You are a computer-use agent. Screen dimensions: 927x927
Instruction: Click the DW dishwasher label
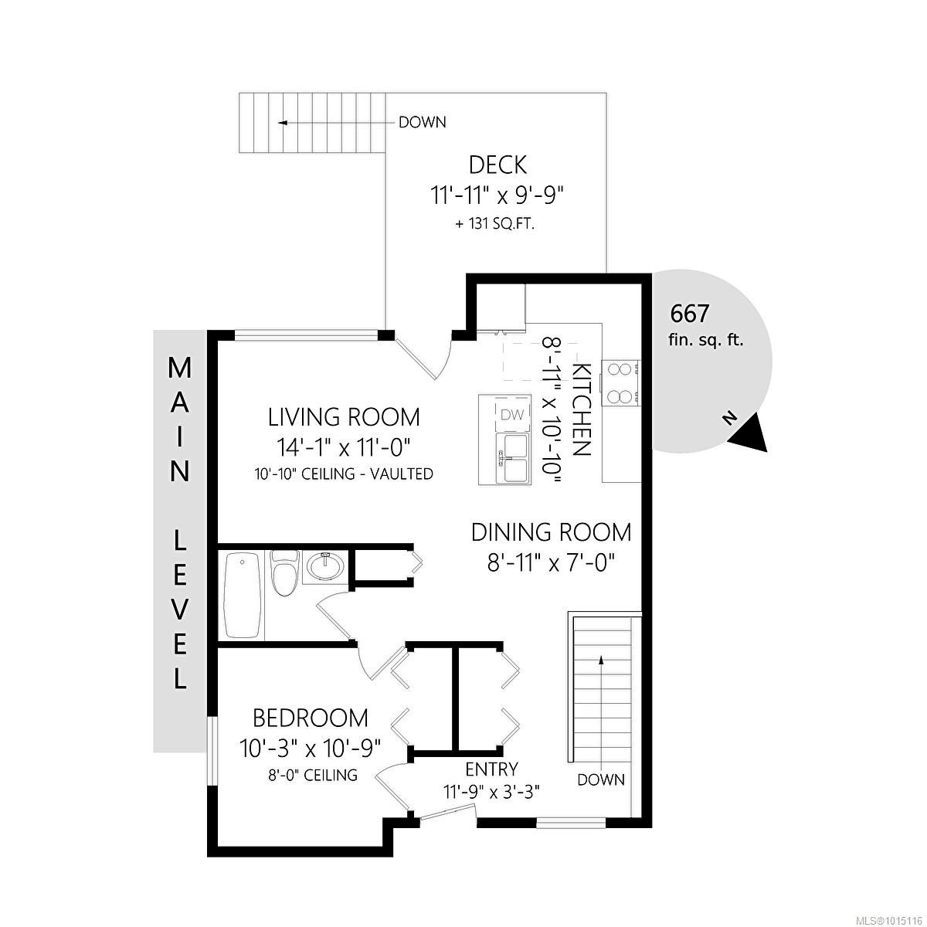click(511, 415)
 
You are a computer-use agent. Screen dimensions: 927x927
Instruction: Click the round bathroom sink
click(325, 566)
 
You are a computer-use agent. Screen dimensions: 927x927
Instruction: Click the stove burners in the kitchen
click(620, 383)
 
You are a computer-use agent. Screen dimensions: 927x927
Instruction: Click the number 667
click(690, 314)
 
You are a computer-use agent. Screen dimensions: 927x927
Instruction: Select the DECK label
click(497, 165)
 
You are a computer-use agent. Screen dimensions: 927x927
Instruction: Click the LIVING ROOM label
click(344, 417)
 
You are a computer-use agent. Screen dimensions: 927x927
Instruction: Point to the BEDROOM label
click(311, 718)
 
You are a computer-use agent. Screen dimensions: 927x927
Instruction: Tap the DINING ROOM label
click(552, 532)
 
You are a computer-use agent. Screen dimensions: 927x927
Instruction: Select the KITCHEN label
click(581, 409)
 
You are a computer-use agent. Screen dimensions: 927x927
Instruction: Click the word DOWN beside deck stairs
click(423, 122)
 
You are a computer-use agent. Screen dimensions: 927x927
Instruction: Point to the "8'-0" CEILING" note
click(312, 775)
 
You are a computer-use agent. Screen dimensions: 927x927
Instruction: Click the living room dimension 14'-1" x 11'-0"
click(343, 448)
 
